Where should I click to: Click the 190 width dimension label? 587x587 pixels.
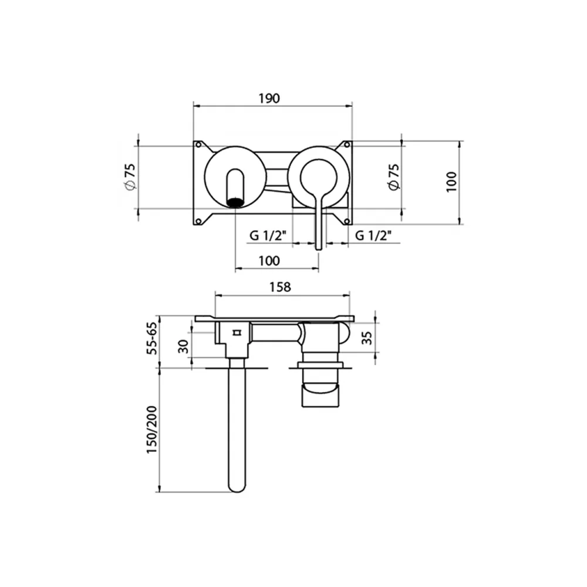(x=269, y=99)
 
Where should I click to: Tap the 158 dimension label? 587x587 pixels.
(x=280, y=287)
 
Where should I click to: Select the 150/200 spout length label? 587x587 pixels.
(x=151, y=430)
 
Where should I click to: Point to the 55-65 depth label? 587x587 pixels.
(x=152, y=339)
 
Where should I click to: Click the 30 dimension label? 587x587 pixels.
(x=183, y=347)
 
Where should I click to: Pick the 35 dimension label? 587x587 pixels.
(x=367, y=338)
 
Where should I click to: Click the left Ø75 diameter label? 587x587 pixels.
(x=130, y=177)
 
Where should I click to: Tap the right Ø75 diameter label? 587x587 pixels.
(x=394, y=177)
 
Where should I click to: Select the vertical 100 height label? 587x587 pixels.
(x=451, y=182)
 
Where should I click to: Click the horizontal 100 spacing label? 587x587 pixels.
(x=269, y=261)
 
